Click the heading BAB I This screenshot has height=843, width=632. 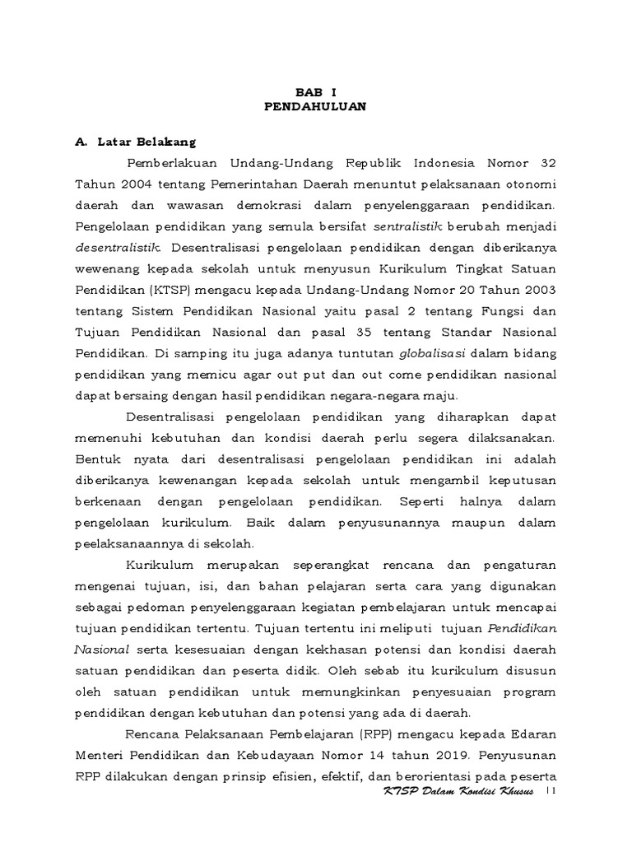[x=316, y=93]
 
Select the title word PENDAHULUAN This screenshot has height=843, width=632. [x=316, y=107]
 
